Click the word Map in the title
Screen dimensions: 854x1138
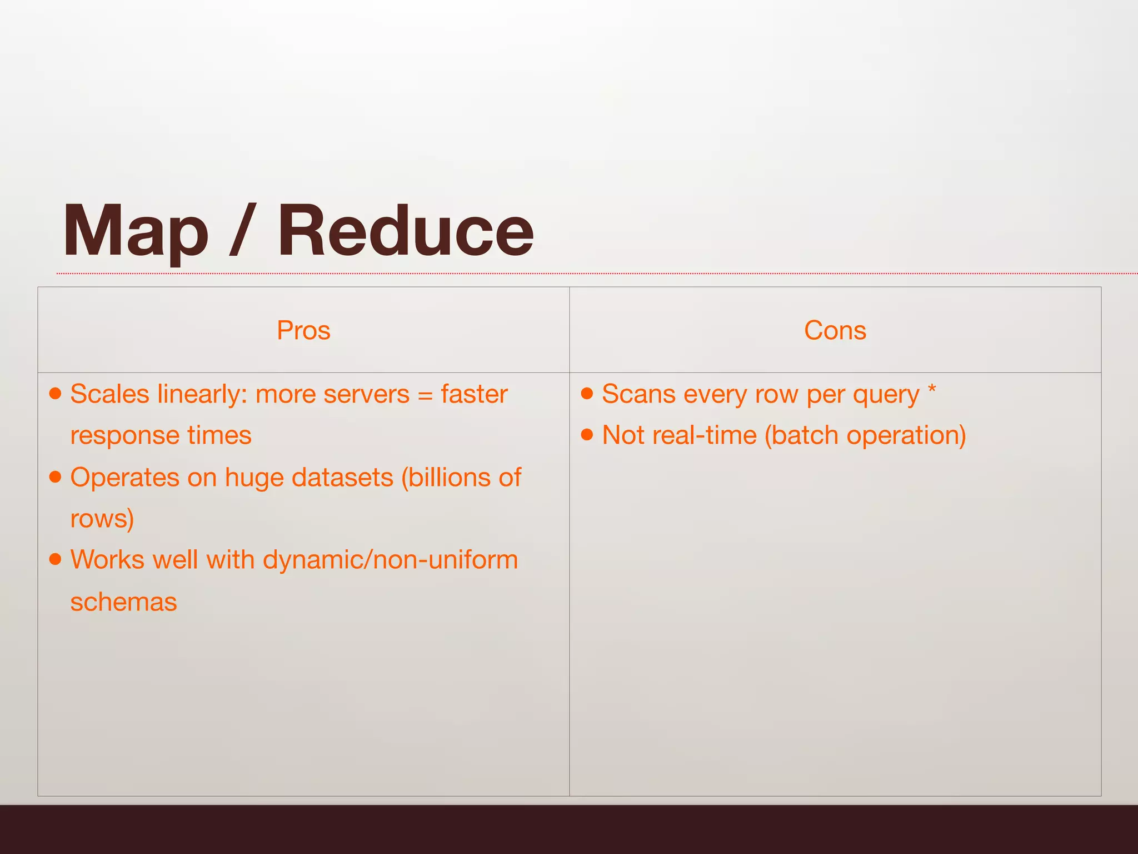[135, 231]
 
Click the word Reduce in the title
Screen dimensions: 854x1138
[405, 231]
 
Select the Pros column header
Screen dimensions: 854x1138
[303, 330]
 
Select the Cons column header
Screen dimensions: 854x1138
[835, 330]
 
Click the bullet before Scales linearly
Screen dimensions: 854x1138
[55, 394]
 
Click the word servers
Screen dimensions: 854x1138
[366, 394]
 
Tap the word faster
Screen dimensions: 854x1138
[474, 394]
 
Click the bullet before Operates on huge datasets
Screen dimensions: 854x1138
[55, 477]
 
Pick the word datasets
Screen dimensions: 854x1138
[342, 477]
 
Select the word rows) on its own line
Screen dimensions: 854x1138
[102, 519]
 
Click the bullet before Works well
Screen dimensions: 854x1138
[55, 559]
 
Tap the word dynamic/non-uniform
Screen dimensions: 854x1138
[390, 560]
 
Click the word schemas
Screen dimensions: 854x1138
[123, 602]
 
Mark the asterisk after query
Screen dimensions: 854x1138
[932, 389]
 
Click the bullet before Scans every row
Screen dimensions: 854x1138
[587, 394]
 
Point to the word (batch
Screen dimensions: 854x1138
[802, 435]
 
